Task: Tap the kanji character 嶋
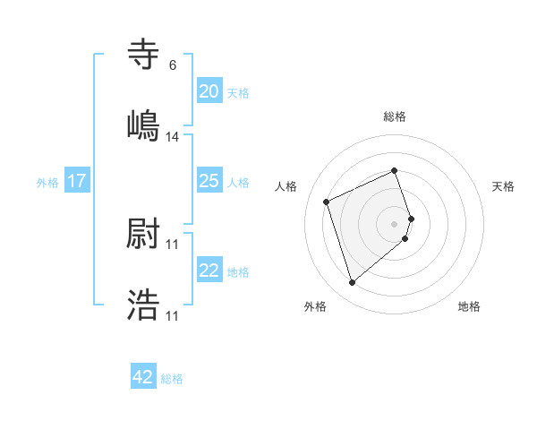143,125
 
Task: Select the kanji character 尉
143,236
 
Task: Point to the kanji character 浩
143,305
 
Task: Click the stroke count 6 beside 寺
172,65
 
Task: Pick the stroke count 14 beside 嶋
173,137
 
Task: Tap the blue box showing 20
209,91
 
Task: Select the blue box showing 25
209,181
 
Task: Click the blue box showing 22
209,271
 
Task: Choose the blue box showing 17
76,181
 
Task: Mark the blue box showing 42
143,377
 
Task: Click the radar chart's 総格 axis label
395,116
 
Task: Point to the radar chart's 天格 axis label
503,186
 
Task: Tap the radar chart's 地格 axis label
469,306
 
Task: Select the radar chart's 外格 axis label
315,306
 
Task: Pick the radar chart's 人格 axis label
286,186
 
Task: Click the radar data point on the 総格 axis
395,170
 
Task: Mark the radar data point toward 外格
352,283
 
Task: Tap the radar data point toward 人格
327,201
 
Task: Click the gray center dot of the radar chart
395,223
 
